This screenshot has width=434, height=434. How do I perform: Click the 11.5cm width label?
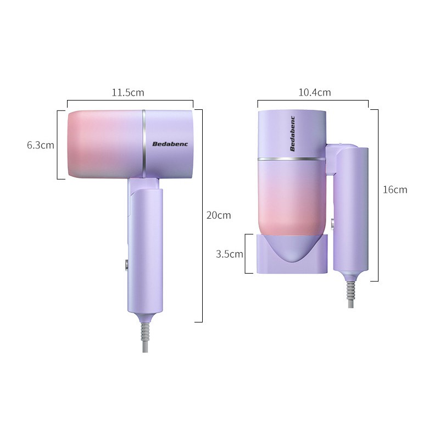click(128, 92)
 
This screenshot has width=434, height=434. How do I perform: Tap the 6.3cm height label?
click(41, 145)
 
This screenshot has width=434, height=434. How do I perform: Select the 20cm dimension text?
click(219, 215)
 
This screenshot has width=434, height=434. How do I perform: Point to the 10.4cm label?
click(314, 92)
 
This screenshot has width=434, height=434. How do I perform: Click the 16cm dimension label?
click(395, 190)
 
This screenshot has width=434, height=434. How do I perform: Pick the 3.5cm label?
click(230, 254)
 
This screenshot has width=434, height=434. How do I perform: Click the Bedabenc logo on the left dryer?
click(170, 144)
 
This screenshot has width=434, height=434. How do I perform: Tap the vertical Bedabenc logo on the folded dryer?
click(293, 134)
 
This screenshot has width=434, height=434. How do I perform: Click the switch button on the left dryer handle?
click(126, 265)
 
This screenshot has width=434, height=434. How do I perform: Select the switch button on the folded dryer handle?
click(332, 224)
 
